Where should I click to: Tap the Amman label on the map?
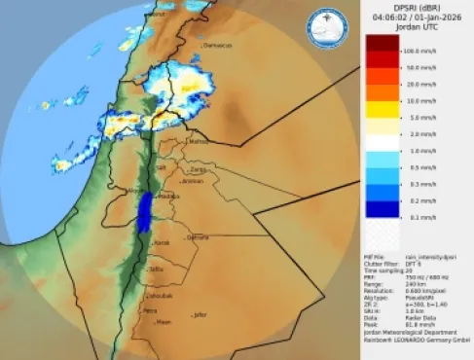tap(192, 181)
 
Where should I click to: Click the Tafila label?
tap(156, 269)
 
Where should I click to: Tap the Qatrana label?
tap(198, 236)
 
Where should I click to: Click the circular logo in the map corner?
tap(328, 30)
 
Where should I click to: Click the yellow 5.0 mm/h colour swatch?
tap(382, 117)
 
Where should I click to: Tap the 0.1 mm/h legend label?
tap(418, 216)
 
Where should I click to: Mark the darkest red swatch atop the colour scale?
tap(382, 43)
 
